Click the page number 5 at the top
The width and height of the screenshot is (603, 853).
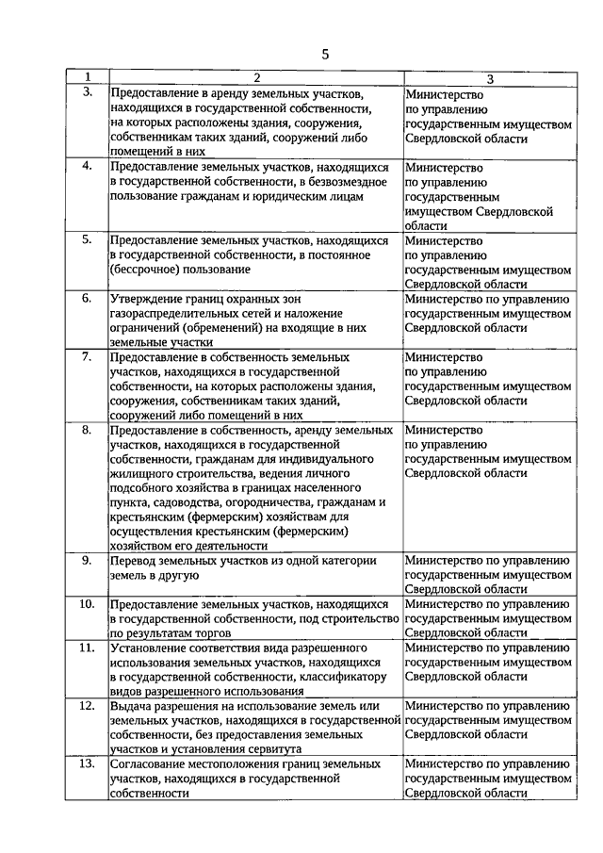(x=325, y=54)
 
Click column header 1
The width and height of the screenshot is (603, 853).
(x=87, y=76)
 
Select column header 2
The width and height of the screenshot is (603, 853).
(x=254, y=76)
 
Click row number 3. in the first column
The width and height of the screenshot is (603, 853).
(x=87, y=91)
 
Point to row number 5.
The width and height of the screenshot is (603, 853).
(x=87, y=239)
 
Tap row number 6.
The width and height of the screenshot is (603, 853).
(x=87, y=299)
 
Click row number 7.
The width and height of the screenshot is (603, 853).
(x=87, y=357)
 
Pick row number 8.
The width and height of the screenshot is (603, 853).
(x=87, y=430)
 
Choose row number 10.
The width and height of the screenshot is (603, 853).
(x=87, y=603)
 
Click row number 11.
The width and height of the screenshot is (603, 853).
(x=87, y=648)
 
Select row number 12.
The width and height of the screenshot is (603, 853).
(x=87, y=705)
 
